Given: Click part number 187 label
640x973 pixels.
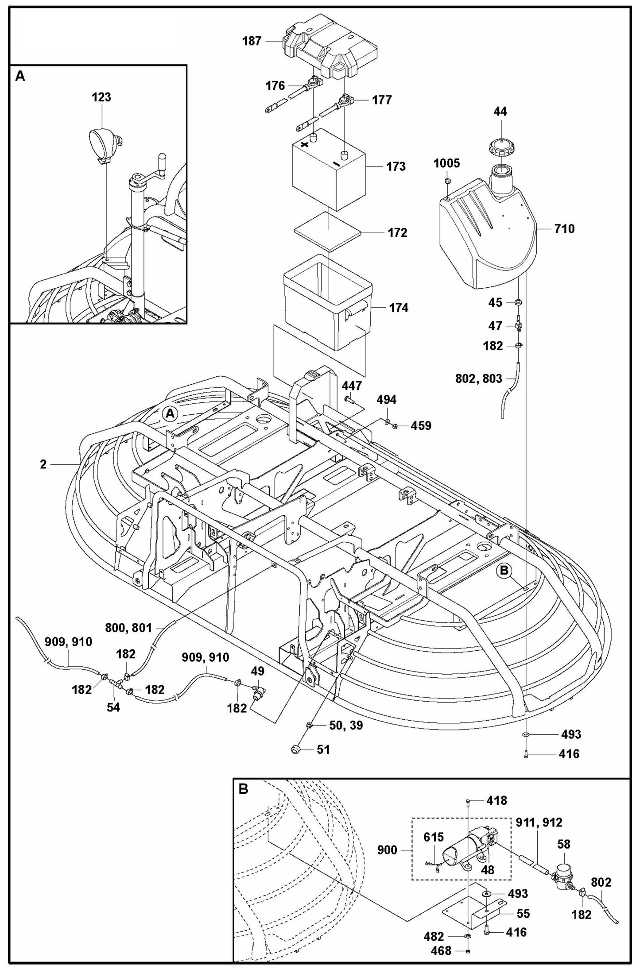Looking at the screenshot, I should click(252, 42).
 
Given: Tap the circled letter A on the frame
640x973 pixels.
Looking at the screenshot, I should click(170, 413).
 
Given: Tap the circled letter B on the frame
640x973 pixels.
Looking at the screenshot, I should click(504, 571).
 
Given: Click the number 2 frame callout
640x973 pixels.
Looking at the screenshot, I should click(43, 464).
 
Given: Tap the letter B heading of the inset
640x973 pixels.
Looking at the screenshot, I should click(243, 789).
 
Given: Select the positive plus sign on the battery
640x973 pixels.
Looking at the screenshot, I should click(305, 145).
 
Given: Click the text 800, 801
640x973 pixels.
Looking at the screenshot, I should click(128, 627).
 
